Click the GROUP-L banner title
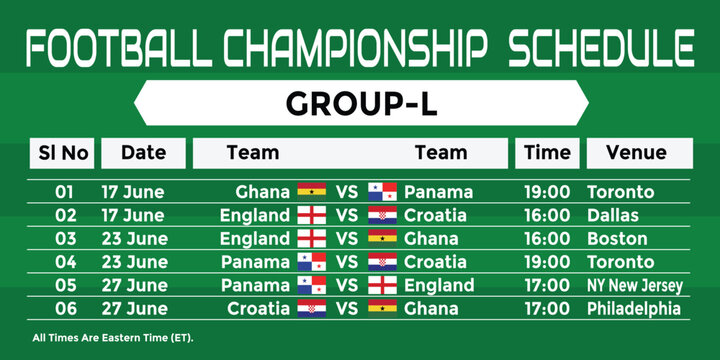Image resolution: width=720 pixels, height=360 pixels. click(x=360, y=104)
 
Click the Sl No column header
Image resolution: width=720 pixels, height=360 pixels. click(x=64, y=153)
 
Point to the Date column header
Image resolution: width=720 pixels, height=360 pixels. click(x=143, y=153)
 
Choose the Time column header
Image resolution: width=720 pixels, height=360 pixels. click(x=547, y=153)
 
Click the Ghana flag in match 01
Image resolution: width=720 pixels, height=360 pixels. click(x=312, y=191)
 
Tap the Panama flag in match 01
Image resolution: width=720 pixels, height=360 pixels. click(x=382, y=191)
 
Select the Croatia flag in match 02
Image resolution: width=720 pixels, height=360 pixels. click(x=382, y=215)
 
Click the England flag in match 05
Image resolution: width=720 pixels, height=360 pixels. click(x=382, y=285)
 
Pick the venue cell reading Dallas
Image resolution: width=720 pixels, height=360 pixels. click(x=612, y=215)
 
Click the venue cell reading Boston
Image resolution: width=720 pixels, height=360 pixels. click(x=617, y=239)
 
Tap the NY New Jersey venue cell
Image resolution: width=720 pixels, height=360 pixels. click(x=635, y=286)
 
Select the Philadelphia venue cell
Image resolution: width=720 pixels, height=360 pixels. click(x=634, y=309)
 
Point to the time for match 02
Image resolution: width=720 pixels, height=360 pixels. click(x=547, y=215)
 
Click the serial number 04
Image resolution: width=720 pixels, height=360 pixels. click(x=64, y=262)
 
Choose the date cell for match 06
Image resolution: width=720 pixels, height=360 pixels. click(x=133, y=309)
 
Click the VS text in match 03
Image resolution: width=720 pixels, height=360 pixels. click(x=347, y=239)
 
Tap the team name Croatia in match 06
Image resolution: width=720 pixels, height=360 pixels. click(x=259, y=309)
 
